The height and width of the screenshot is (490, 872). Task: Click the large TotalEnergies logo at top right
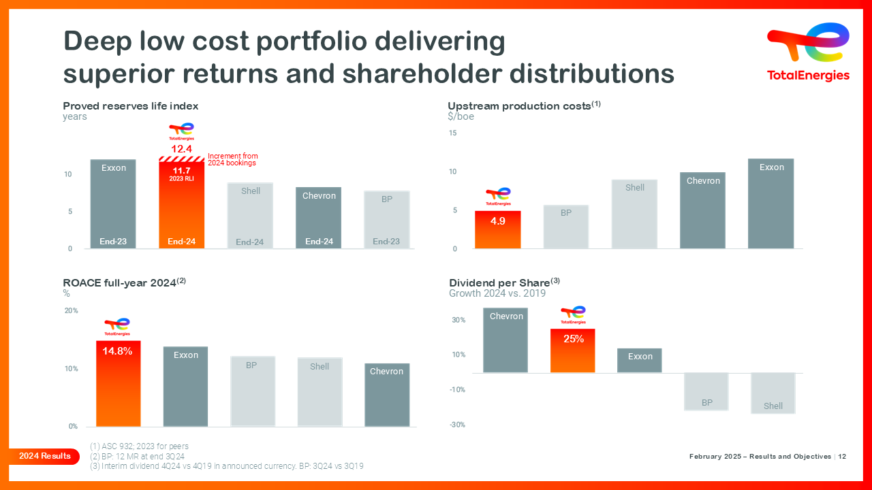[809, 52]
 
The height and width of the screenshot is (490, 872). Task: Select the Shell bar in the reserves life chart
[250, 215]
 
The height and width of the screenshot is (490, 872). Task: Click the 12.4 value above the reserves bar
[181, 148]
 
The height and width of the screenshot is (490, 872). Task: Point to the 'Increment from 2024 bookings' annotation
[232, 160]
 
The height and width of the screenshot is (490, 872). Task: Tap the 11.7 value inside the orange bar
[181, 171]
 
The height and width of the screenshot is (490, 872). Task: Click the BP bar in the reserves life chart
[386, 219]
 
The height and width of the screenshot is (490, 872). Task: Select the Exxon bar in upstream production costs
[771, 203]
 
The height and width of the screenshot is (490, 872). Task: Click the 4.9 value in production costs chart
[498, 221]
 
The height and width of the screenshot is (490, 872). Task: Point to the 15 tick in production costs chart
[453, 133]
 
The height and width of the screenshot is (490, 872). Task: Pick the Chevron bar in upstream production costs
[703, 210]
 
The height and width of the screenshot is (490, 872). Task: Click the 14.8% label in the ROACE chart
[118, 351]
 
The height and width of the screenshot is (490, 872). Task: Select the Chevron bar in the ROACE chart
[386, 395]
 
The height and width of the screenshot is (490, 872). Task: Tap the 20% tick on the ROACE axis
[71, 310]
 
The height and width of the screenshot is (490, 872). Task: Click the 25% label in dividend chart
[573, 338]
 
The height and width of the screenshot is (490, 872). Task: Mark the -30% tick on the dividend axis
[458, 425]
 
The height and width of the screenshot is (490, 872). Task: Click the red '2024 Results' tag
[44, 456]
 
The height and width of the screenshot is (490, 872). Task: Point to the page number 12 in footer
[843, 457]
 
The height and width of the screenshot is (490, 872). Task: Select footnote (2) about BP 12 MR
[138, 456]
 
